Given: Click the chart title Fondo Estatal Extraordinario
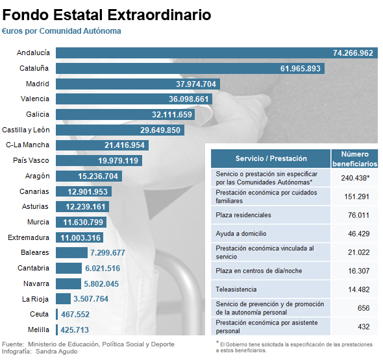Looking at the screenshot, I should (x=106, y=13).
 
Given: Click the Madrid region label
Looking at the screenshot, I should (x=38, y=84).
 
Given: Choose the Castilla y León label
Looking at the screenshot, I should (x=26, y=130).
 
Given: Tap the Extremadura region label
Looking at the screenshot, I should (x=29, y=237).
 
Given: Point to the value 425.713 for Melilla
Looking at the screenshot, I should (x=75, y=330).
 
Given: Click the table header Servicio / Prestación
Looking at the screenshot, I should (x=271, y=159).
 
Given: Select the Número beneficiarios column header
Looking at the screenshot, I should (x=354, y=159).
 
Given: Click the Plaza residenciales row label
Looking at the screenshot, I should (x=243, y=215).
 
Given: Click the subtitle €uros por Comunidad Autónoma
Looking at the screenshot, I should (x=62, y=30).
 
